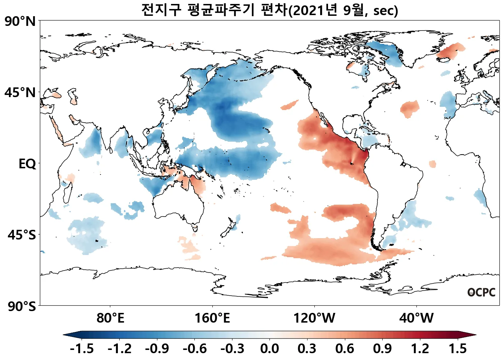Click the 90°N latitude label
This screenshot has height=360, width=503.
(20, 22)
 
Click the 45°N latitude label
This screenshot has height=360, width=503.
(20, 93)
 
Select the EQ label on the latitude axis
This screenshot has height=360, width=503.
(27, 164)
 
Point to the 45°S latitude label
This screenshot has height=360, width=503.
(22, 235)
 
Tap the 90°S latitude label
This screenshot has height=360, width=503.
(22, 307)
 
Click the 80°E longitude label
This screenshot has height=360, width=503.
(110, 318)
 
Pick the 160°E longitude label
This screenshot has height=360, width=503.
(212, 318)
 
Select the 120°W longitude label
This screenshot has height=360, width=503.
(314, 318)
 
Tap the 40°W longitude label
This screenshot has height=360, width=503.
(416, 318)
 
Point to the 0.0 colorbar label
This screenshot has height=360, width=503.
(269, 348)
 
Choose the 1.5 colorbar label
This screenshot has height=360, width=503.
(458, 348)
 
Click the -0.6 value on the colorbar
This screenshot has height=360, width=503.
(194, 348)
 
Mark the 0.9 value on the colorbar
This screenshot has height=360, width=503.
(382, 348)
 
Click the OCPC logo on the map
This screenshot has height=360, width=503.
(481, 292)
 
